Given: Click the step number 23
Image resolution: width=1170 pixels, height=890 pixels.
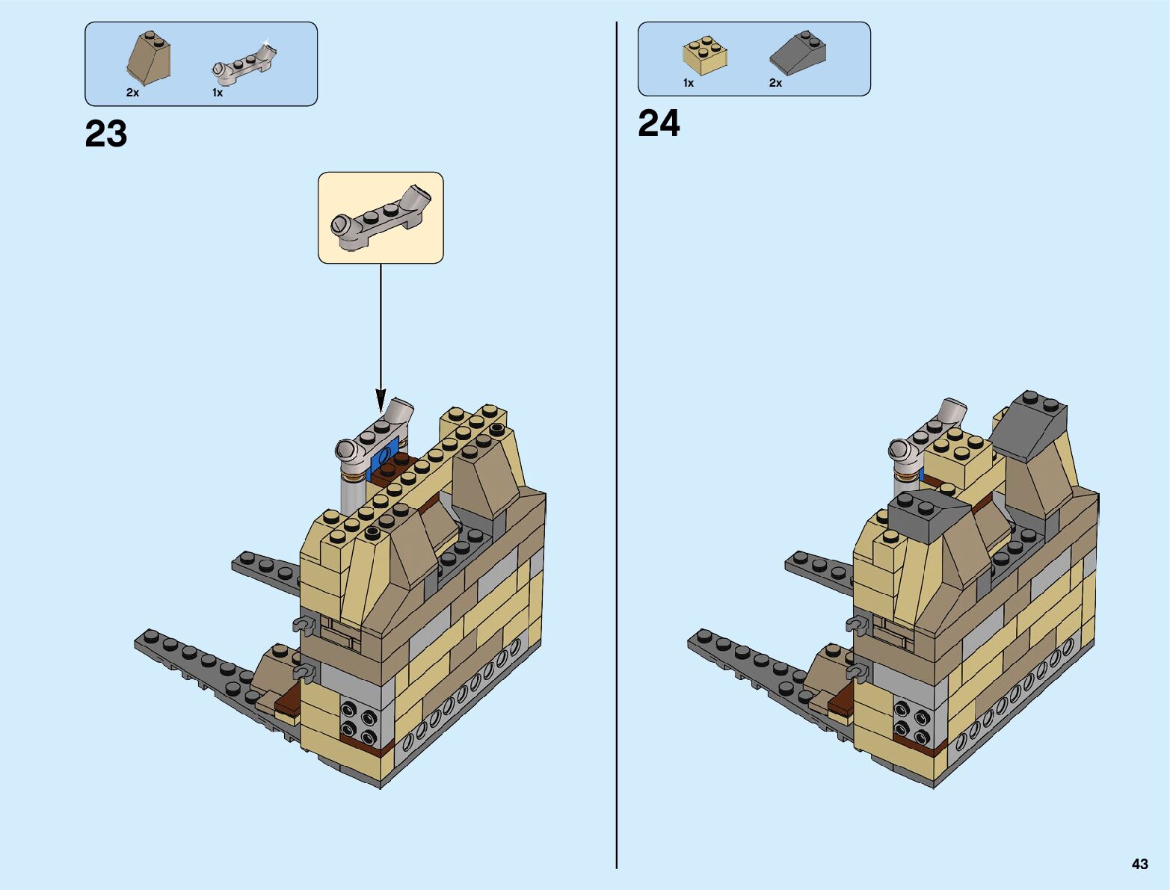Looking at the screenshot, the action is (106, 135).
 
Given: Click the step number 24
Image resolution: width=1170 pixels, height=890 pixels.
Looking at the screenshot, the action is (659, 124).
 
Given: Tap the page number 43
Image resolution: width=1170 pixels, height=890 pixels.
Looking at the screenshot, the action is (1139, 864).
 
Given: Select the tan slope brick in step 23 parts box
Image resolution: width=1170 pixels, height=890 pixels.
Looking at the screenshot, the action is (149, 58).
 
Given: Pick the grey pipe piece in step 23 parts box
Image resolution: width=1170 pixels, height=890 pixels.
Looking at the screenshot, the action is (244, 61).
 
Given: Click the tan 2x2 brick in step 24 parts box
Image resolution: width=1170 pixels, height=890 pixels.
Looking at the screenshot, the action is (704, 54).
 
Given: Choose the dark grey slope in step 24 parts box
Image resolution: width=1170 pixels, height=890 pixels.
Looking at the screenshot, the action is (798, 52).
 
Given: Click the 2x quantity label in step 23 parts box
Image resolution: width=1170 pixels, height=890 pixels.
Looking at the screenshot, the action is (132, 93).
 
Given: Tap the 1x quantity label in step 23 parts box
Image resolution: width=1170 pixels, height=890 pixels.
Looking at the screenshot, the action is (218, 93).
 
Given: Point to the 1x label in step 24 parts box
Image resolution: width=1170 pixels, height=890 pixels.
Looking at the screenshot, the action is (689, 83).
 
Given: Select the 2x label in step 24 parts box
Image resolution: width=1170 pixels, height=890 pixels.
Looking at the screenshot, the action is (775, 83).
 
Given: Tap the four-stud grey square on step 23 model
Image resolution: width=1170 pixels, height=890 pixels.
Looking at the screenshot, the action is (359, 719).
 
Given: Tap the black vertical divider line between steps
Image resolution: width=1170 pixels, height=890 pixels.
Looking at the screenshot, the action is (617, 448).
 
